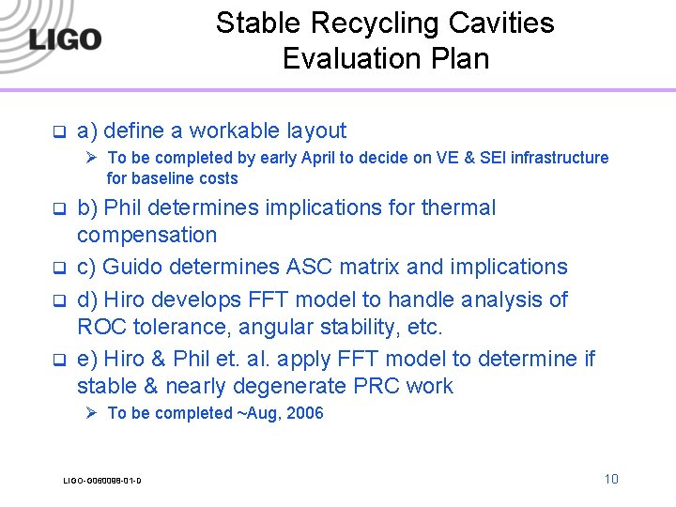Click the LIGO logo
tap(64, 38)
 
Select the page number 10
tap(611, 480)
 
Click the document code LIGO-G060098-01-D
tap(102, 481)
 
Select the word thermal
tap(456, 207)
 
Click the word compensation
tap(146, 235)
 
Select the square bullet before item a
tap(57, 131)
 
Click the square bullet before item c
tap(57, 269)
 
